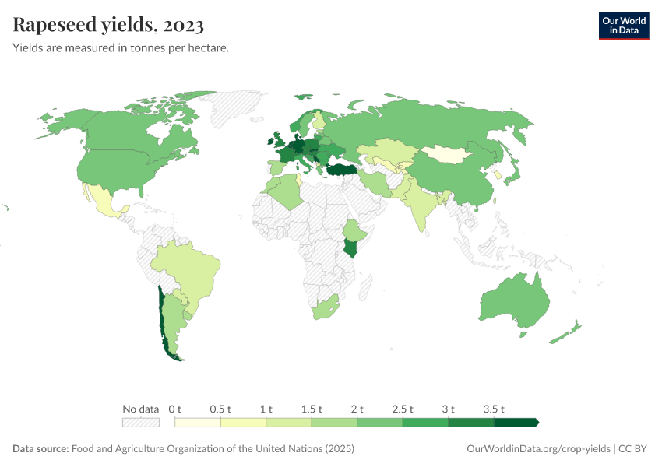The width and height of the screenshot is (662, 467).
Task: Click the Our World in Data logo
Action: (623, 25)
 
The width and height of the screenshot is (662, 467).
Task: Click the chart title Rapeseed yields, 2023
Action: (108, 25)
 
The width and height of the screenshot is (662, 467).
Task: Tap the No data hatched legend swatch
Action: (140, 423)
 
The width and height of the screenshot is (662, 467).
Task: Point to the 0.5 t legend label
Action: (220, 409)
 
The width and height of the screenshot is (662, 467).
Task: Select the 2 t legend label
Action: (357, 409)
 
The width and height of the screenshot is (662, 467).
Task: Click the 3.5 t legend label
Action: (495, 409)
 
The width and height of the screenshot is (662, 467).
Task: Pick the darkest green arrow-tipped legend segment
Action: (516, 423)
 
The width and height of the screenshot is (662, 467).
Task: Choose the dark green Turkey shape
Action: (340, 170)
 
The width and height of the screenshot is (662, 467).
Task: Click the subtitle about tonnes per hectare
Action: (121, 47)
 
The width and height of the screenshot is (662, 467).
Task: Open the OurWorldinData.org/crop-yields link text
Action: (538, 449)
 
